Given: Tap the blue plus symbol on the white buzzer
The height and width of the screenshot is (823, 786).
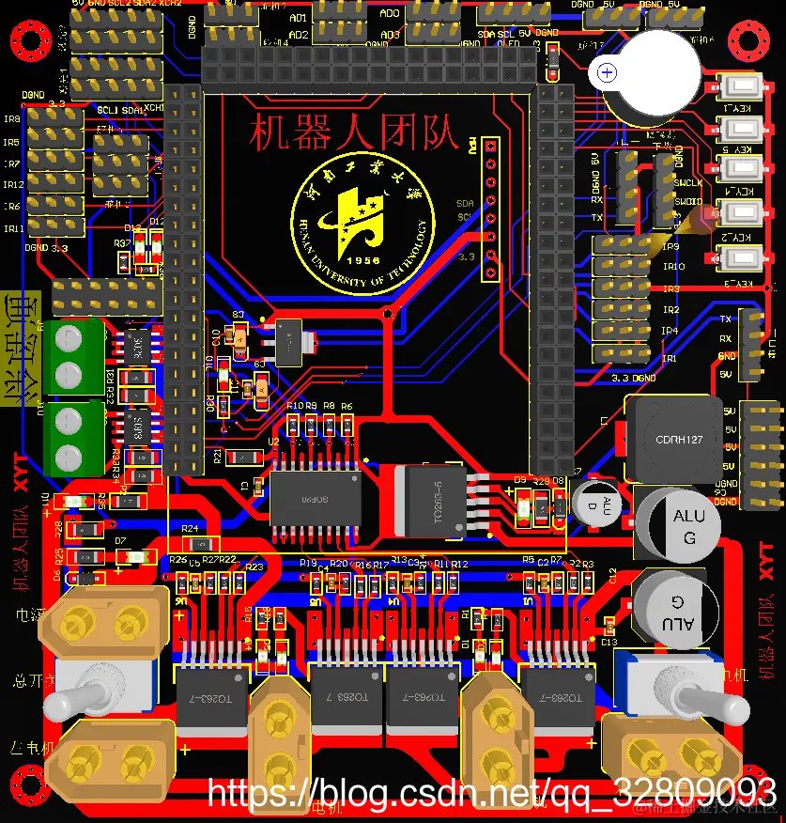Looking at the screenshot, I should (608, 72).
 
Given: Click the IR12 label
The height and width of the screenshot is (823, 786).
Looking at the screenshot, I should (12, 185).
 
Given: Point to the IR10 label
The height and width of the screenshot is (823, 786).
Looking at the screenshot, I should (673, 267).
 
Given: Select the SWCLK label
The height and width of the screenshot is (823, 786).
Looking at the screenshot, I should (688, 182).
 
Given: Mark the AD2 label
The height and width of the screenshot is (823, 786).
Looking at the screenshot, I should (298, 35).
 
